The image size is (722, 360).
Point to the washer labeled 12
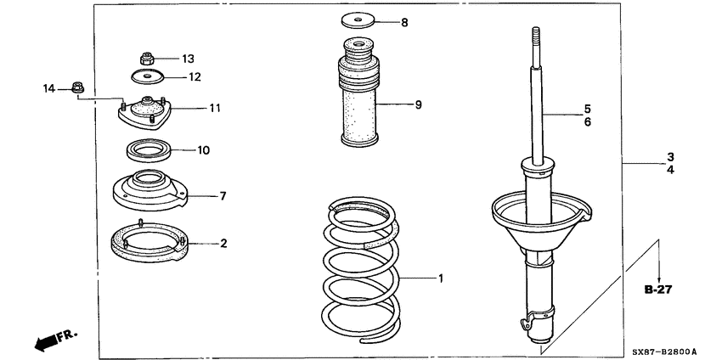point(148,77)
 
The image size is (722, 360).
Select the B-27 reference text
point(657,290)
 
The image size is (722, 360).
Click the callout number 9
point(418,105)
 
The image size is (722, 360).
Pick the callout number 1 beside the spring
point(440,278)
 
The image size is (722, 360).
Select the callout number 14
point(50,87)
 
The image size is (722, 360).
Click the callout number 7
point(222,196)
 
